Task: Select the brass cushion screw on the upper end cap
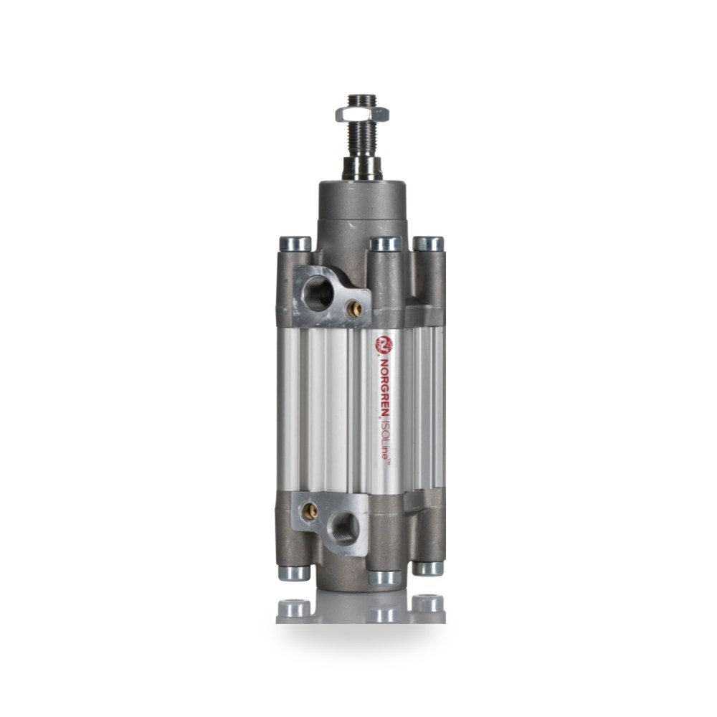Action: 353,309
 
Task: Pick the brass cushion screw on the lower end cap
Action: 310,511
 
